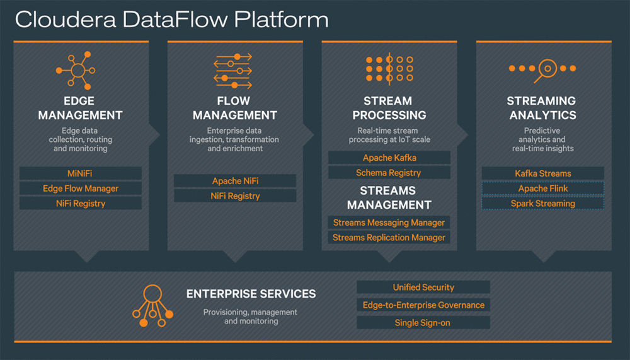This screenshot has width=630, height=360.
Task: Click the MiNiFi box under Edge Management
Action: [x=80, y=173]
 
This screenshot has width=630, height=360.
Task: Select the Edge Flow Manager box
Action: [x=80, y=189]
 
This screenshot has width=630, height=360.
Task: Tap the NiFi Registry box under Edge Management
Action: [x=80, y=204]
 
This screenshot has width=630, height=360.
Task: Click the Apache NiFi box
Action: [x=234, y=181]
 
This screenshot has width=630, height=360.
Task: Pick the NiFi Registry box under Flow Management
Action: [x=234, y=196]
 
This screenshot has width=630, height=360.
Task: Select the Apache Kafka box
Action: [x=389, y=158]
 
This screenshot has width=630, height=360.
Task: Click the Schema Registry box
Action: [x=389, y=173]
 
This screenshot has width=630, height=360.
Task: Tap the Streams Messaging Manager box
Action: [x=389, y=223]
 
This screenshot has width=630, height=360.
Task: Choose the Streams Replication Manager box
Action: [x=389, y=238]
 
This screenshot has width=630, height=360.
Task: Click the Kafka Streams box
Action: [x=542, y=173]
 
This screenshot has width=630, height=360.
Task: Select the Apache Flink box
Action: [x=542, y=189]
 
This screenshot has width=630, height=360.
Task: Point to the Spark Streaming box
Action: [x=542, y=204]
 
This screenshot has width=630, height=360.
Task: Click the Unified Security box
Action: [x=423, y=287]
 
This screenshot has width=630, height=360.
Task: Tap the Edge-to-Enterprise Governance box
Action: [x=423, y=305]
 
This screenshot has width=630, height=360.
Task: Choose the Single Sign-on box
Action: [x=423, y=323]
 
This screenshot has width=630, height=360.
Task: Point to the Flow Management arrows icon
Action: [x=232, y=70]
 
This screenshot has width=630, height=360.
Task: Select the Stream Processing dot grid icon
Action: [x=389, y=69]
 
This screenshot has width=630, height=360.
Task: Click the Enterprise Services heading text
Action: [x=251, y=294]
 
